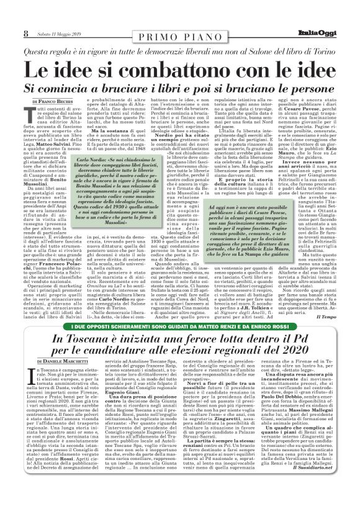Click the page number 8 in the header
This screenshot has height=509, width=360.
(x=25, y=32)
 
